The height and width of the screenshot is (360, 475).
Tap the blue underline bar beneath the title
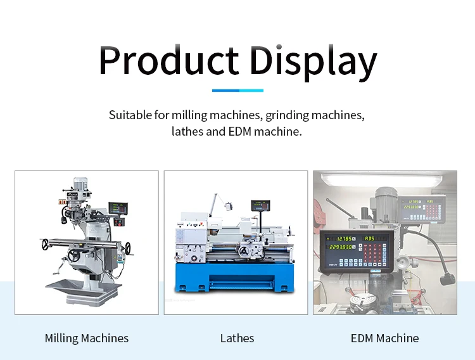[x=237, y=91]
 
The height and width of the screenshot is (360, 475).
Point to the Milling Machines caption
[x=87, y=338]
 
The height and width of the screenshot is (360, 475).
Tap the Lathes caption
[x=237, y=338]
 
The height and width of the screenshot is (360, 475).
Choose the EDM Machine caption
[x=384, y=338]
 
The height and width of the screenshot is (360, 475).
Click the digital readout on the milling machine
[x=118, y=209]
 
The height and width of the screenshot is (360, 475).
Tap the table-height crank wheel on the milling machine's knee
[x=75, y=255]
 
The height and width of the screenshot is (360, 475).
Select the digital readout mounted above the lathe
[x=261, y=205]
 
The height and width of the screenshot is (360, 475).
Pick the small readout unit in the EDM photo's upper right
[x=421, y=209]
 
